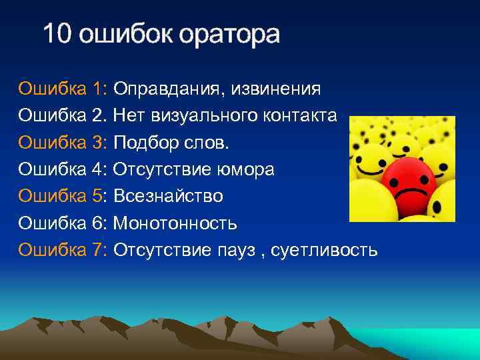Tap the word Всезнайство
pyautogui.click(x=168, y=197)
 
